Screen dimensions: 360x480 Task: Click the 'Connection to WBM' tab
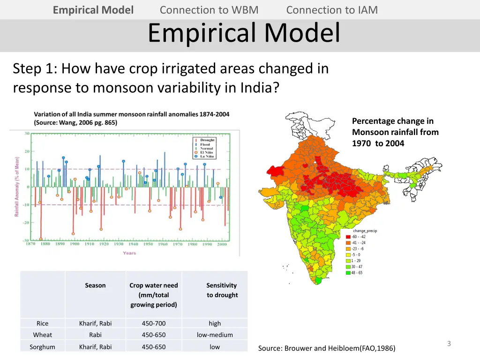point(209,10)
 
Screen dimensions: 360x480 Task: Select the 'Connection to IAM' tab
point(332,10)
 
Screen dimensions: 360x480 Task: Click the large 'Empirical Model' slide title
point(244,33)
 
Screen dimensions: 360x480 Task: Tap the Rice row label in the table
point(42,323)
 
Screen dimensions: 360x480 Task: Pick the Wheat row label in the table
point(42,335)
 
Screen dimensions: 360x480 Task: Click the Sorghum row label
point(42,347)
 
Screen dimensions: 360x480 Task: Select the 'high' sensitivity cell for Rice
point(215,323)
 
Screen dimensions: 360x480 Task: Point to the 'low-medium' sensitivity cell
point(215,335)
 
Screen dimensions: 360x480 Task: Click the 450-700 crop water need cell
point(154,323)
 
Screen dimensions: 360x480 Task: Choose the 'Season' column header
point(95,285)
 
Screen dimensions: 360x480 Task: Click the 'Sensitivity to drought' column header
point(222,290)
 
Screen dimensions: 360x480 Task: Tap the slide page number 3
point(449,344)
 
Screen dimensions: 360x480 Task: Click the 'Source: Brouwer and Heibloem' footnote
point(327,348)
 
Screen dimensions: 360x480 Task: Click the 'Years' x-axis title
point(129,253)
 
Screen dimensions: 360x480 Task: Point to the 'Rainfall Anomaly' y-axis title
point(16,186)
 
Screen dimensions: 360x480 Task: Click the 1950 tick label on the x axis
point(148,244)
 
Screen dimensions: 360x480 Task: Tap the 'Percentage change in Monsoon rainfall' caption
point(395,132)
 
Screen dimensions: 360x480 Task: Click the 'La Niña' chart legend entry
point(206,157)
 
